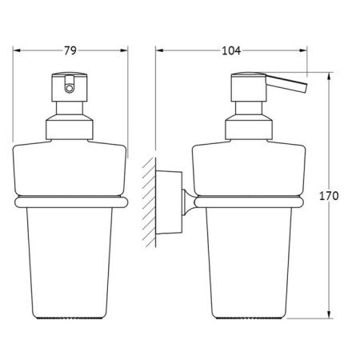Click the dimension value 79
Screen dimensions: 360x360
click(70, 50)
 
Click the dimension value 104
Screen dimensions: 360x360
click(231, 50)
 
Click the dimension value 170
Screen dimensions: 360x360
click(329, 196)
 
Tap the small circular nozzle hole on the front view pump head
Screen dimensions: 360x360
click(70, 88)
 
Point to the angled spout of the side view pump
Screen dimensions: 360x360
click(286, 83)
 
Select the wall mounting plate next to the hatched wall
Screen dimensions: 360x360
click(169, 202)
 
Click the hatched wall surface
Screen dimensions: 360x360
click(150, 202)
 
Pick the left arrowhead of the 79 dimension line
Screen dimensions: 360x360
click(17, 50)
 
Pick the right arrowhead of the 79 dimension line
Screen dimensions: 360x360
click(124, 50)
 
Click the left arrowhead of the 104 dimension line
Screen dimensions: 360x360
click(159, 50)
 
